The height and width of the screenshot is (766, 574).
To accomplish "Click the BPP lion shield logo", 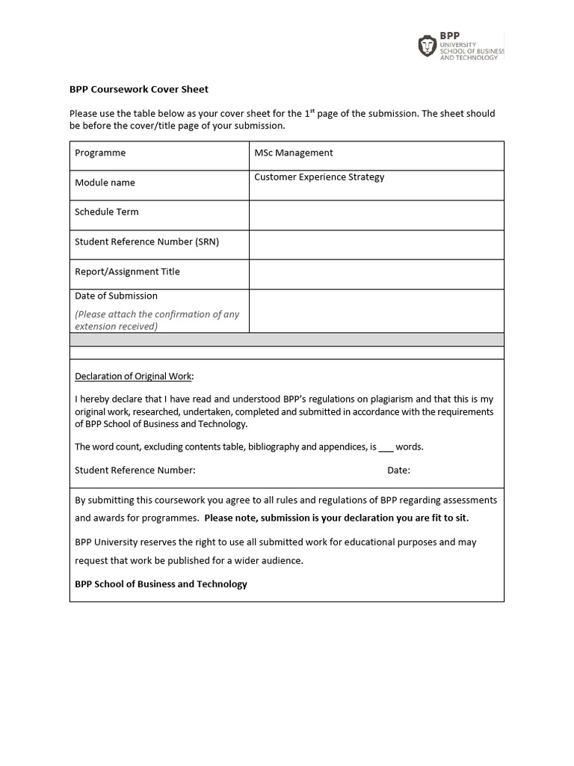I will point(427,46).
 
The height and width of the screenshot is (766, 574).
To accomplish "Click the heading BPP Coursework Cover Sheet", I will point(139,89).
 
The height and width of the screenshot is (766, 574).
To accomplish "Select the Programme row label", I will point(100,153).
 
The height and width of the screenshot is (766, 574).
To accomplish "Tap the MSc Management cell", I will point(294,153).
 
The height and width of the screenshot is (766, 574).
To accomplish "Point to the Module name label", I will point(105,183).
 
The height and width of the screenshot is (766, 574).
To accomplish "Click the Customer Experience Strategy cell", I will point(319,177).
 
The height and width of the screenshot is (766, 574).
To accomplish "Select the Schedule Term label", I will point(106,212).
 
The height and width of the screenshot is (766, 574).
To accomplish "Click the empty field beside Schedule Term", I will point(376,215).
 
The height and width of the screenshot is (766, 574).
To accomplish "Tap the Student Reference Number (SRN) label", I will point(146,242).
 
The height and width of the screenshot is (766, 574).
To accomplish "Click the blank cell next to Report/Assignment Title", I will point(376,274).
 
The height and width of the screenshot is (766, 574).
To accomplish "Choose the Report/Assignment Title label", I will point(127,272).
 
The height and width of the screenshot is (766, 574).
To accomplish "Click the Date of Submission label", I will point(116,295).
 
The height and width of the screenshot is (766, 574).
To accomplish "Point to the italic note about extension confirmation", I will point(157,320).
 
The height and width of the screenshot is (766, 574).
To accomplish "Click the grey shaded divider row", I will point(286,340).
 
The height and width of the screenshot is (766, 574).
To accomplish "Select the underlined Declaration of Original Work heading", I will point(134,376).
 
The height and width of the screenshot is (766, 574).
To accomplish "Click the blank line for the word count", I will point(386,447).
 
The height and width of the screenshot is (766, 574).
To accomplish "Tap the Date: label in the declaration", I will point(398,471).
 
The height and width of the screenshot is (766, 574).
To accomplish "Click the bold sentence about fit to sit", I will point(336,518).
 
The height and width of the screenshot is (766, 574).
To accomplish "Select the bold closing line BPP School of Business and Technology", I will point(161,583).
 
